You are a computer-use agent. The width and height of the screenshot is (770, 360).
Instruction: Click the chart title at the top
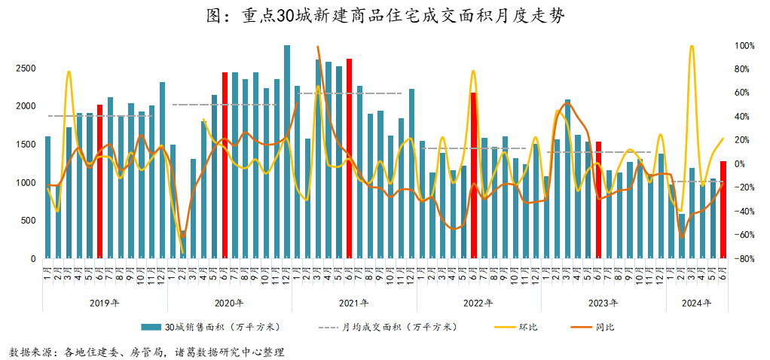(384, 16)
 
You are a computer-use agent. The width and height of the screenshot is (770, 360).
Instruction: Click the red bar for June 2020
(225, 166)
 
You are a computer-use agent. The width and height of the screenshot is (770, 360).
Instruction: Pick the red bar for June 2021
(350, 159)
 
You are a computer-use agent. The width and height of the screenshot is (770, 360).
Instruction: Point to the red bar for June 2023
(598, 200)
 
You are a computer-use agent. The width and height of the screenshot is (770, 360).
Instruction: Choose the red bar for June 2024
(723, 210)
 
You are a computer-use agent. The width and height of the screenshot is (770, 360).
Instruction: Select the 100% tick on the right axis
(746, 46)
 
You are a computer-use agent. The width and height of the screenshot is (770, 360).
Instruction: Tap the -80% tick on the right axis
(746, 259)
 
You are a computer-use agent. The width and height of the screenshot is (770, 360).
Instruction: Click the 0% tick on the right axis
(741, 164)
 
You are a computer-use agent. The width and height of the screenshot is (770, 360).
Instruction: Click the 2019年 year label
(104, 304)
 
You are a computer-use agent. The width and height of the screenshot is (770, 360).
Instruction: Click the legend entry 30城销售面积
(218, 327)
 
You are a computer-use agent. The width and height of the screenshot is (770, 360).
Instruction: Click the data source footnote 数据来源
(147, 352)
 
